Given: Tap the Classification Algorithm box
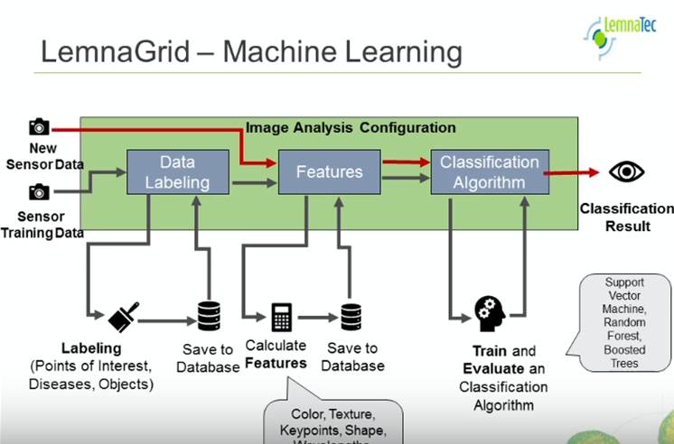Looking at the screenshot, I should pyautogui.click(x=489, y=171).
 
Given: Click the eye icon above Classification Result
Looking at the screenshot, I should pyautogui.click(x=625, y=171).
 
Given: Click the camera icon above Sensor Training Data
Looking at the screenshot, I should pyautogui.click(x=39, y=191).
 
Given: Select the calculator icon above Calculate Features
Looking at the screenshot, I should pyautogui.click(x=281, y=317).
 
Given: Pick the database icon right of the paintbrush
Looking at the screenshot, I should pyautogui.click(x=209, y=316).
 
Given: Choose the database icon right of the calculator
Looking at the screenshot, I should pyautogui.click(x=351, y=317).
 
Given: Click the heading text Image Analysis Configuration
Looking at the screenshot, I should pyautogui.click(x=351, y=128).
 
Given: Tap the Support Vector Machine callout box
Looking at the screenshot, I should pyautogui.click(x=623, y=322).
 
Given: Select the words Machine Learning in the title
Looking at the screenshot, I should pyautogui.click(x=342, y=51).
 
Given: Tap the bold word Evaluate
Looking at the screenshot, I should pyautogui.click(x=492, y=369).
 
